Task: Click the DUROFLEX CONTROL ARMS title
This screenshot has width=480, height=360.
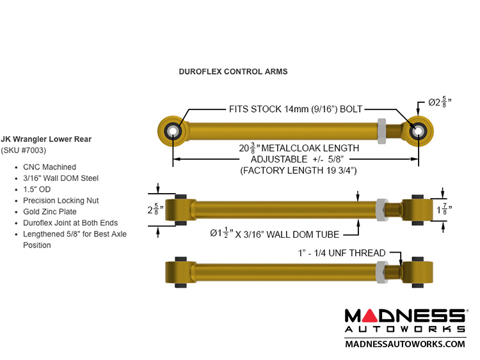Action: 233,72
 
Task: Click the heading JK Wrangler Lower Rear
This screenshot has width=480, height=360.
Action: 55,139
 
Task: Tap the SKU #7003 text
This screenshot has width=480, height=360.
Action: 27,151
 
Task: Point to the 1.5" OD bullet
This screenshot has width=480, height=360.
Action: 42,189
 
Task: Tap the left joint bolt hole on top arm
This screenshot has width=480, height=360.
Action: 173,130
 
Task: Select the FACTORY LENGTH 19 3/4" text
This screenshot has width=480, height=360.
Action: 298,171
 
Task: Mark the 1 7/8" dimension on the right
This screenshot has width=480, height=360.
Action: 442,208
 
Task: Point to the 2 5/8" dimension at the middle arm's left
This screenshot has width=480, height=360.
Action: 152,209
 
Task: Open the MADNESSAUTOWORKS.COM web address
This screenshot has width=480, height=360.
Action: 405,344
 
